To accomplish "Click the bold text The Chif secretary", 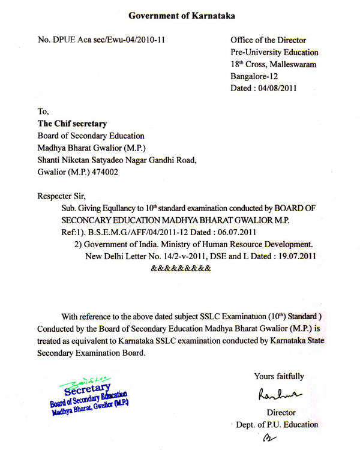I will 72,124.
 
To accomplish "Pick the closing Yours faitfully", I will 278,377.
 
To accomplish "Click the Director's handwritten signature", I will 279,394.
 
